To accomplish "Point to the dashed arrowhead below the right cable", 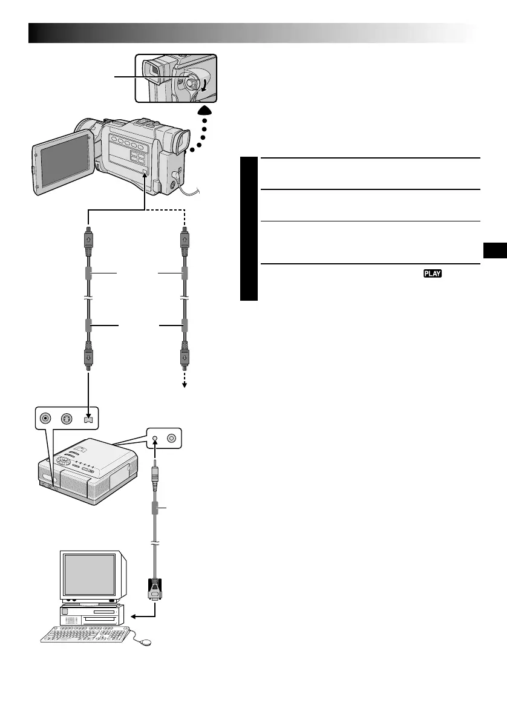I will point(184,387).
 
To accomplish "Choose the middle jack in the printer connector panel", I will point(68,418).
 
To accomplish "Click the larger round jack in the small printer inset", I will point(172,438).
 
